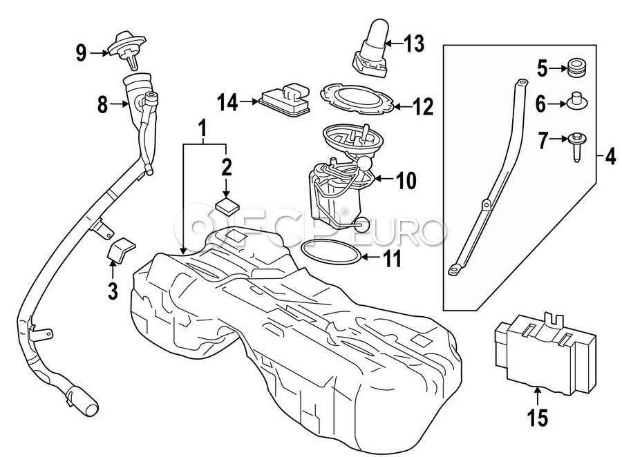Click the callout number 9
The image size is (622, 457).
click(x=82, y=52)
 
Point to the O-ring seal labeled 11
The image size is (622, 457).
click(x=331, y=253)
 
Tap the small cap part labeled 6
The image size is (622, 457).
click(x=575, y=102)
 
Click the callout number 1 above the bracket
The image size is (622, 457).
click(x=203, y=128)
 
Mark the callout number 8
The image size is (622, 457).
click(x=102, y=105)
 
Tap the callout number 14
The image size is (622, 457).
click(x=228, y=104)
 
